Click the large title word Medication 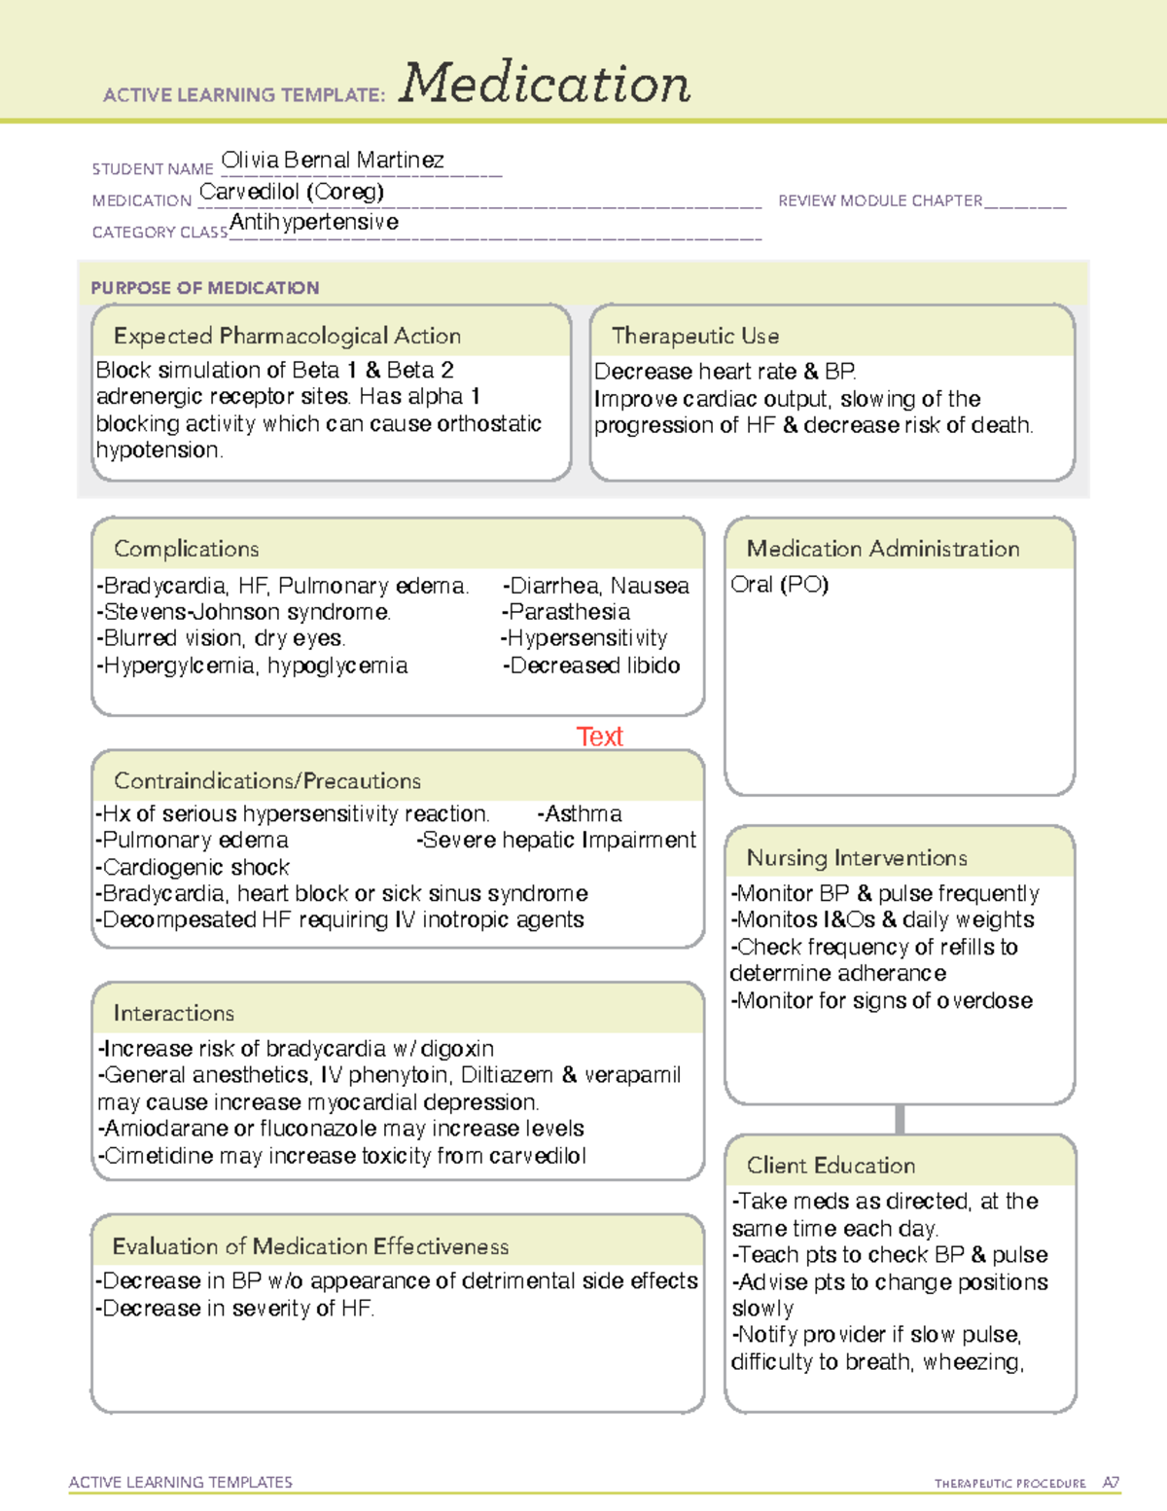click(x=545, y=84)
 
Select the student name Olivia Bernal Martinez click(x=333, y=160)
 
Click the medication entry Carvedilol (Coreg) click(x=292, y=192)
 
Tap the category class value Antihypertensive click(x=314, y=222)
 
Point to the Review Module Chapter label click(x=880, y=200)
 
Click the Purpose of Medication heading click(x=205, y=288)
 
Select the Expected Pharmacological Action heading click(x=287, y=336)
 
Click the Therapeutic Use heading click(x=695, y=336)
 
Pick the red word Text click(x=599, y=737)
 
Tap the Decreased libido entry click(x=592, y=666)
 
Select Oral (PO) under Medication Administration click(x=780, y=585)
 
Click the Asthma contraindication click(x=581, y=813)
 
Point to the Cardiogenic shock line click(x=195, y=867)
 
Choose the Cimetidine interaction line click(x=343, y=1156)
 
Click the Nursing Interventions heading click(x=857, y=858)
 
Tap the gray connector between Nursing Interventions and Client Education click(x=900, y=1119)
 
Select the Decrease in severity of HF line click(x=236, y=1309)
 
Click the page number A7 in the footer click(x=1111, y=1483)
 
